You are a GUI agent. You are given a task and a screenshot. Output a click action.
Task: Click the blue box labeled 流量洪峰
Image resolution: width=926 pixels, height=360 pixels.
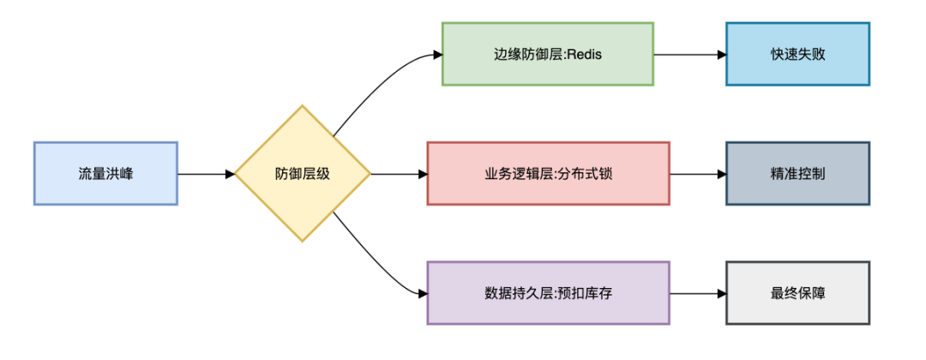[105, 173]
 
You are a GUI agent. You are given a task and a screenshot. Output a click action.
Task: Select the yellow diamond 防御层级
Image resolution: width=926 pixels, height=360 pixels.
[303, 173]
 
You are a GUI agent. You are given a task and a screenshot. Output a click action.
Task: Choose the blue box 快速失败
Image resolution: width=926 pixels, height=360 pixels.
[797, 54]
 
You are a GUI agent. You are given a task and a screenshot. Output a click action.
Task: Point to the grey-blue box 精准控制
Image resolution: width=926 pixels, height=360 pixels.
[797, 173]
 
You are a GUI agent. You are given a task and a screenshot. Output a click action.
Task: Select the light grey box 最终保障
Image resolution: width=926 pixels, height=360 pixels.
[797, 292]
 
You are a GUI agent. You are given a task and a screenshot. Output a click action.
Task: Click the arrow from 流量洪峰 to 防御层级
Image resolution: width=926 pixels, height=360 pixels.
[206, 174]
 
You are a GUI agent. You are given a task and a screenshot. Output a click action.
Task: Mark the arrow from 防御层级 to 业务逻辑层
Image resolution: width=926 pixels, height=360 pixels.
[399, 174]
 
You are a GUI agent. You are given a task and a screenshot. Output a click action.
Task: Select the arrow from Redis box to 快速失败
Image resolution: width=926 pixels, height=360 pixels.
[690, 54]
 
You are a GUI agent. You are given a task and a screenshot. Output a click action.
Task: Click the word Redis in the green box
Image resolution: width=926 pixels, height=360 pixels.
[586, 55]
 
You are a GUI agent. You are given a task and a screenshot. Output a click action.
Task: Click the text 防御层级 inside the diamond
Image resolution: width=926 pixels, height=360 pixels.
[303, 174]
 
